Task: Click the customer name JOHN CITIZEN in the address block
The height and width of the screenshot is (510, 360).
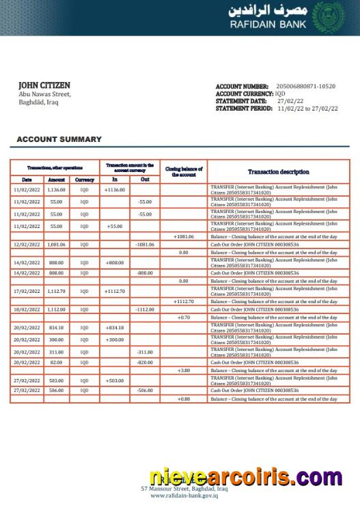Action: tap(44, 85)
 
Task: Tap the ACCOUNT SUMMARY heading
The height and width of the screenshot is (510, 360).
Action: tap(59, 139)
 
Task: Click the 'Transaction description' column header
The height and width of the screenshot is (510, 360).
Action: tap(278, 172)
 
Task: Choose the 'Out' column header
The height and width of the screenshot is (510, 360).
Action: tap(145, 180)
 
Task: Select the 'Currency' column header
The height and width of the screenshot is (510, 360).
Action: tap(85, 180)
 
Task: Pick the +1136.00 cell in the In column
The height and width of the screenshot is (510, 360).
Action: tap(115, 190)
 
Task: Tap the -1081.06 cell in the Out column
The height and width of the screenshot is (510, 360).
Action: tap(145, 244)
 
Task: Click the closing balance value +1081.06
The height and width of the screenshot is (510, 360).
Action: tap(184, 236)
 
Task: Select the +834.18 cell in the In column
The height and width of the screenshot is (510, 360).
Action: tap(115, 327)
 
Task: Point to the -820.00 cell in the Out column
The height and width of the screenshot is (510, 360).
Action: tap(145, 363)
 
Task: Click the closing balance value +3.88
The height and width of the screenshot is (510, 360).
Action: tap(184, 371)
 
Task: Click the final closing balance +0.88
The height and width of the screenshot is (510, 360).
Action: tap(184, 399)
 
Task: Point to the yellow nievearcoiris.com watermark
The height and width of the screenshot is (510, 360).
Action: tap(246, 477)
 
